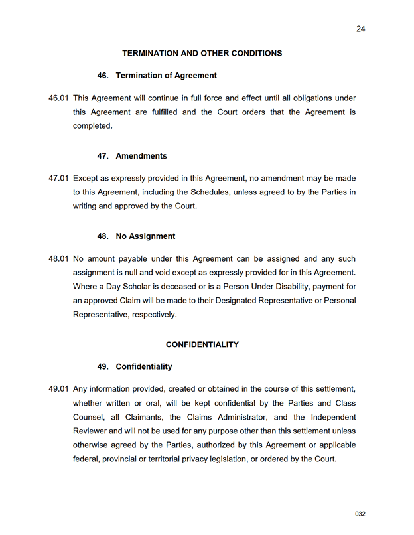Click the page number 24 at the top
360,29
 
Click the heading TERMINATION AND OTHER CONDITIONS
202,53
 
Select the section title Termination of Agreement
166,76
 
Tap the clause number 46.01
58,98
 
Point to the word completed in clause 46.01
93,126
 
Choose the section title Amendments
141,156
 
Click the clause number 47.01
58,179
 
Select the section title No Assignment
145,236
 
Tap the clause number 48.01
58,259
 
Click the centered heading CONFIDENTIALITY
202,344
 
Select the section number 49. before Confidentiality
103,366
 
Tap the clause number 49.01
58,389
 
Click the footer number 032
360,514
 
